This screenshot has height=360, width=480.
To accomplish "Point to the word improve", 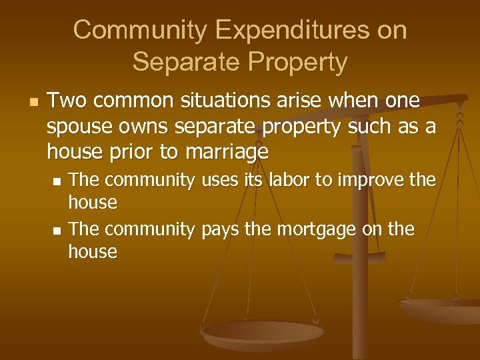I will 377,181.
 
